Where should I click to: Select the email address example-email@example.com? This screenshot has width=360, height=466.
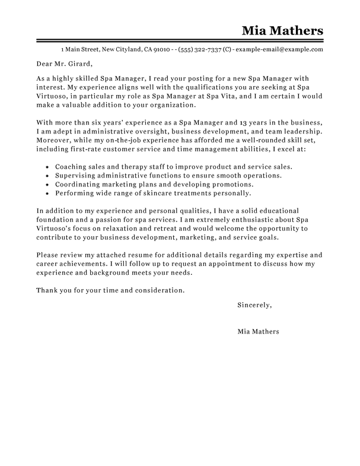click(280, 49)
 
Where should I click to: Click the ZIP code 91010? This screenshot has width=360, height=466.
click(162, 49)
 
